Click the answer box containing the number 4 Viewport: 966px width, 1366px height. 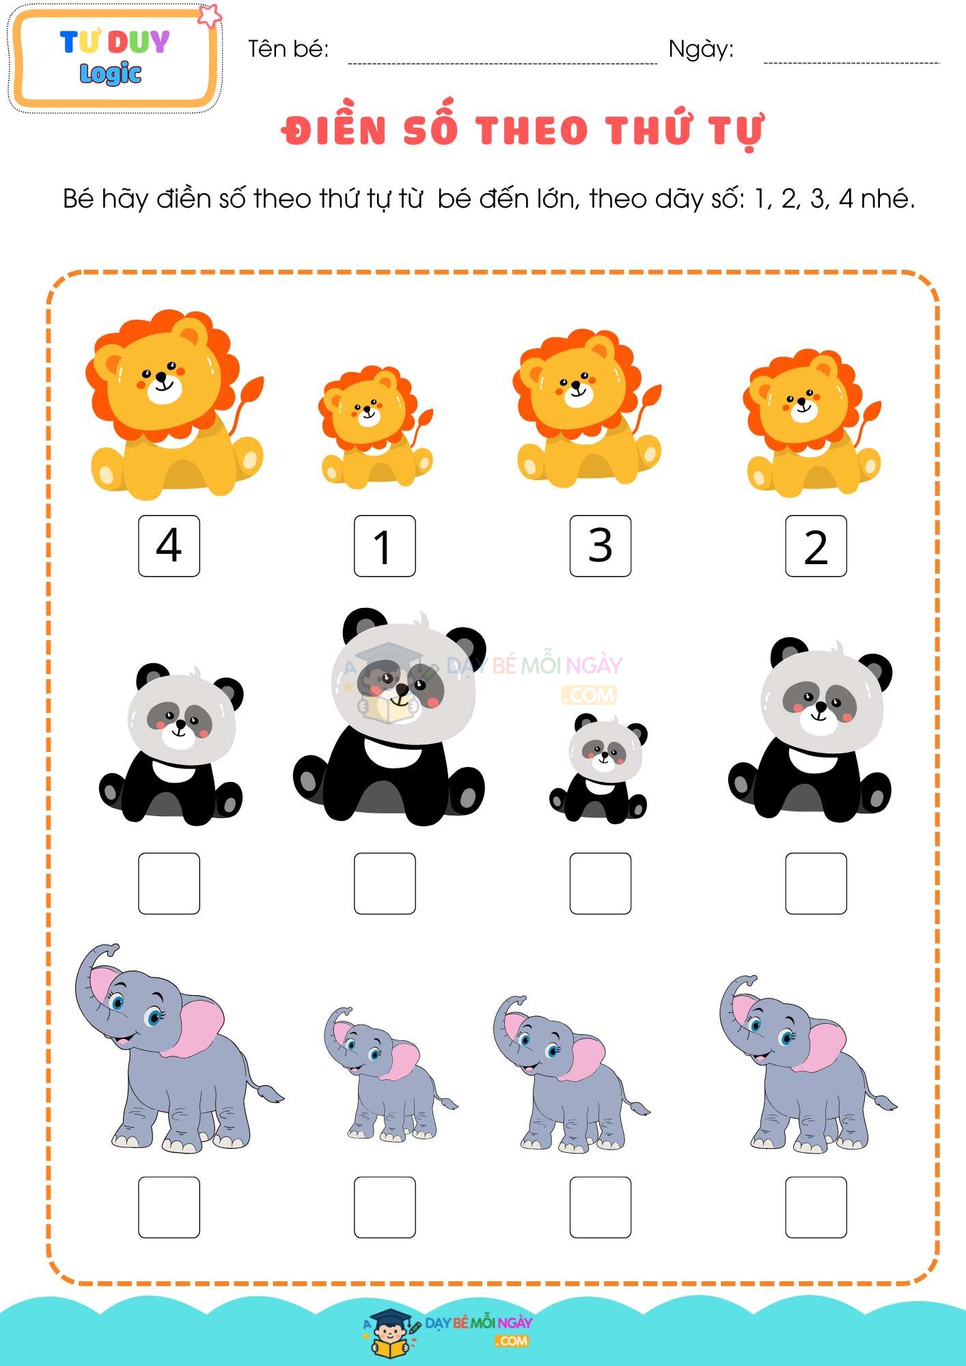(169, 546)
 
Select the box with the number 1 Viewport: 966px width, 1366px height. (385, 546)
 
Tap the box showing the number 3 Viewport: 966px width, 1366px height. (601, 546)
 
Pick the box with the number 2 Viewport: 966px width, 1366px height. (816, 546)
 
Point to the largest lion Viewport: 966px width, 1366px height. (174, 403)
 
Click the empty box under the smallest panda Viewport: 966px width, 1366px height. (601, 883)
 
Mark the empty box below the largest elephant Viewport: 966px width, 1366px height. (169, 1207)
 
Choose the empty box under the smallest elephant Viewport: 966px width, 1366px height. (385, 1207)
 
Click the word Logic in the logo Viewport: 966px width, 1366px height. (111, 74)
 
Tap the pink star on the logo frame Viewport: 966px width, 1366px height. (209, 15)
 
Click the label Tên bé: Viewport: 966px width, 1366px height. (288, 49)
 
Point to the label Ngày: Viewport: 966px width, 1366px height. (701, 49)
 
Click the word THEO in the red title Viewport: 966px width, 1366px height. (532, 130)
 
